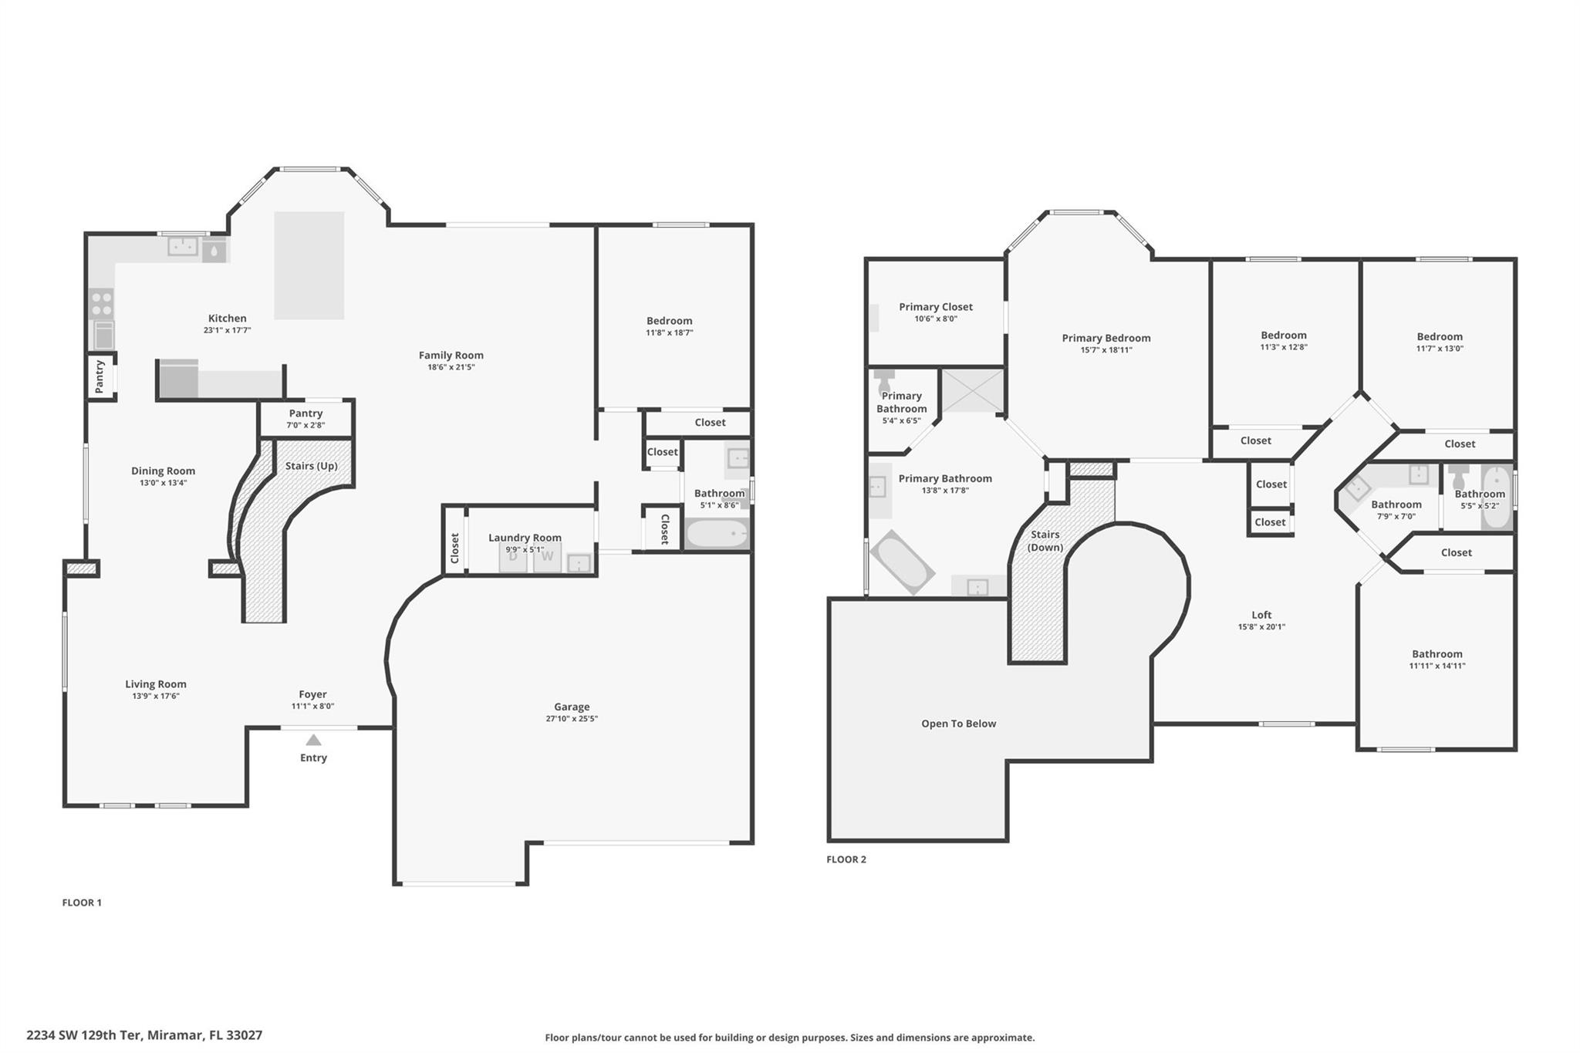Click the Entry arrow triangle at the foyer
pos(313,740)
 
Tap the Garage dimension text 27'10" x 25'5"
pos(571,719)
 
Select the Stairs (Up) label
pos(311,466)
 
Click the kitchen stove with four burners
pos(102,303)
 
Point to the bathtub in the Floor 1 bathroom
pos(717,534)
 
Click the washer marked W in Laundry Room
pos(547,556)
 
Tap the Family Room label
pos(451,356)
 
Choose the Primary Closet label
pos(935,307)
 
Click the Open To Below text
pos(958,724)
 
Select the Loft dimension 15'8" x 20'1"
pos(1261,627)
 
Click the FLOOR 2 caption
pos(846,859)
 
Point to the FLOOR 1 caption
pos(82,903)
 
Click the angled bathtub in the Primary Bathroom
pos(901,562)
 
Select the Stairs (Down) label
pos(1045,541)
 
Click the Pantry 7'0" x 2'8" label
pos(306,419)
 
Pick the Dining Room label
pos(163,471)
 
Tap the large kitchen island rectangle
pos(309,265)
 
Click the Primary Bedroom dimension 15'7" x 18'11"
pos(1106,350)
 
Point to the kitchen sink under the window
pos(184,246)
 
